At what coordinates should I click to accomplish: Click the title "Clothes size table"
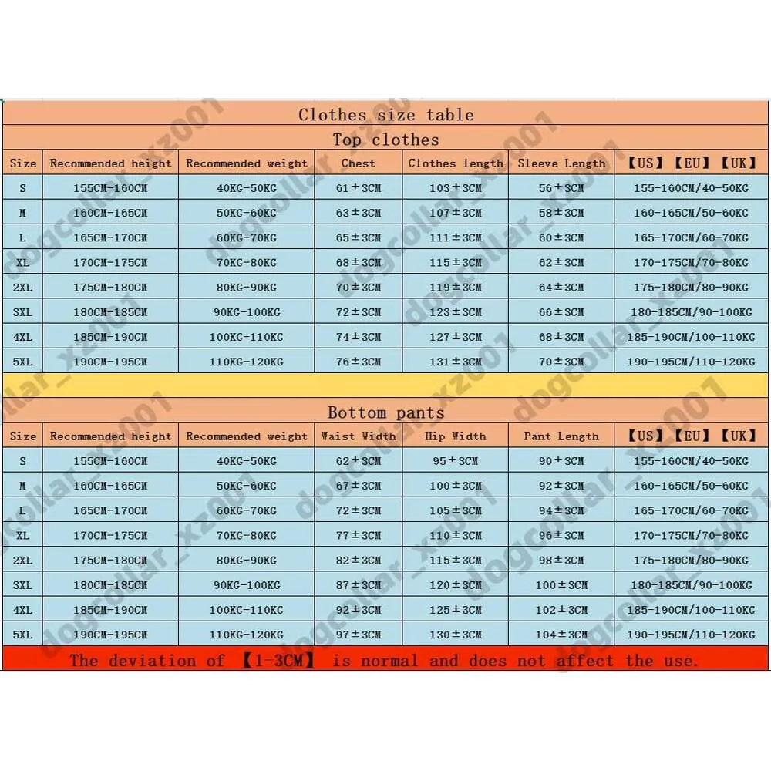386,115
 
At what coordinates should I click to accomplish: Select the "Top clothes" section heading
386,140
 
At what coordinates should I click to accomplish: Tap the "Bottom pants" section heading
386,412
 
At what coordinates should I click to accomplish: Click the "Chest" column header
359,163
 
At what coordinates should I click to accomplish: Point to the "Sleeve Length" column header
561,163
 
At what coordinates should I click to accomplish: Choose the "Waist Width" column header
359,436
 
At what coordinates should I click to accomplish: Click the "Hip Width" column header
456,436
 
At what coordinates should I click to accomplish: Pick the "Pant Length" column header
561,436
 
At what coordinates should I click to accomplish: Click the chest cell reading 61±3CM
359,188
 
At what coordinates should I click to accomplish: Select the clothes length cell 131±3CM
456,362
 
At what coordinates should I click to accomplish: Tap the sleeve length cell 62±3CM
561,263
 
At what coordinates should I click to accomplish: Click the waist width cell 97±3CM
359,635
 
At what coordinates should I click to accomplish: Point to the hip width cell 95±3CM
456,461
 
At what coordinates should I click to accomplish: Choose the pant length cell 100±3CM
561,585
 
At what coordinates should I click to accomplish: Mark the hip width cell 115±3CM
456,561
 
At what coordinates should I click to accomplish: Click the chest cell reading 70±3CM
359,288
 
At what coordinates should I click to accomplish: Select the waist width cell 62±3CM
359,461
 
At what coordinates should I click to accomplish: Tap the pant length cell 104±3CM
561,635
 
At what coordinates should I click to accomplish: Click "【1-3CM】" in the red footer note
271,661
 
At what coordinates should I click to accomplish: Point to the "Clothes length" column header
456,163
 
